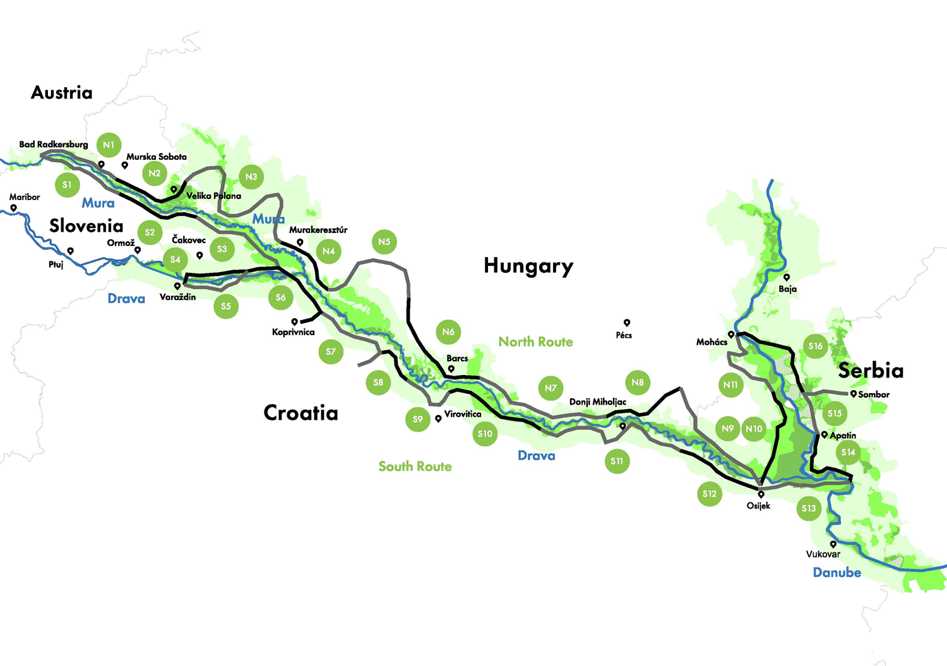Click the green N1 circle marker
pos(109,145)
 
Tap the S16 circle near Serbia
pos(816,346)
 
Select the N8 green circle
pos(638,383)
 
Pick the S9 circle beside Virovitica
pos(417,419)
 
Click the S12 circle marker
pos(710,494)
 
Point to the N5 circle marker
pos(384,242)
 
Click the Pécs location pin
pos(627,323)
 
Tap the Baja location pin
pos(787,278)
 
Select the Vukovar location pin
pos(833,544)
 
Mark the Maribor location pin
pos(13,208)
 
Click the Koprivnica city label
pos(293,332)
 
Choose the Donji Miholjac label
pos(597,401)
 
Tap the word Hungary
pos(528,266)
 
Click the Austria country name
pos(62,93)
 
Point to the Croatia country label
pos(301,413)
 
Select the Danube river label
pos(837,573)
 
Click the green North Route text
pos(535,342)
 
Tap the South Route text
pos(415,467)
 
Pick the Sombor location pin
pos(853,394)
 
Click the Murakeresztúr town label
pos(318,230)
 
